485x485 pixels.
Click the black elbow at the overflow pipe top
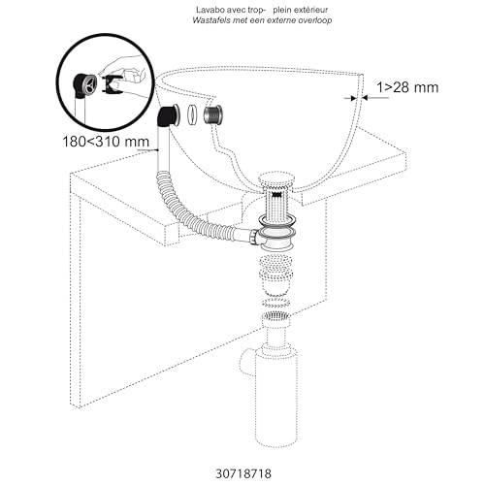(168, 120)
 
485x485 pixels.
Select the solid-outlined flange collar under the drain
(277, 233)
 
